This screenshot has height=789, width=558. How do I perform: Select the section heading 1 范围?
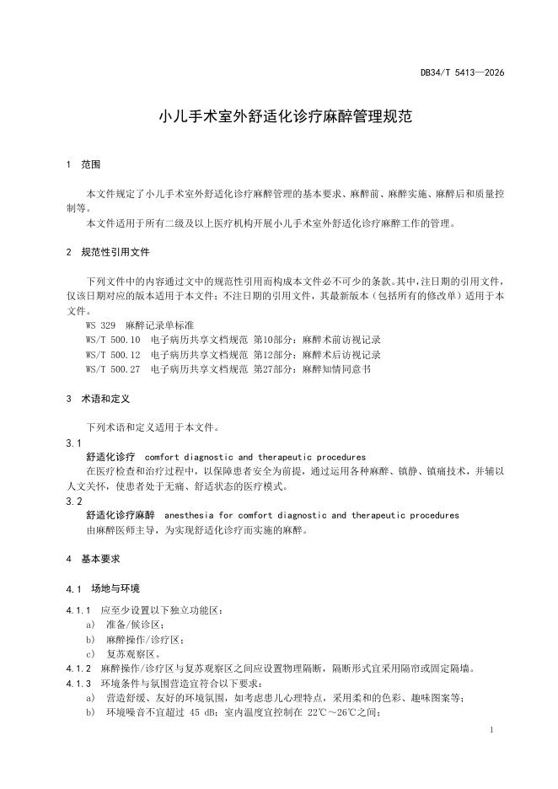pos(83,164)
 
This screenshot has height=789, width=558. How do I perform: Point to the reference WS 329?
pos(100,325)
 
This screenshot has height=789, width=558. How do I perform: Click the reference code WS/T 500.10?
pos(113,340)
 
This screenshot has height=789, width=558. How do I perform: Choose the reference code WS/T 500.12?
pos(113,355)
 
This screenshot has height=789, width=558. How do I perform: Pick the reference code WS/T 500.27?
pos(113,369)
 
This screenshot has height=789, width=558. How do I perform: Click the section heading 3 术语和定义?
pos(97,399)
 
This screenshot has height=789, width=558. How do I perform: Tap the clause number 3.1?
pos(73,443)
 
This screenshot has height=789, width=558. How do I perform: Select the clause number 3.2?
pos(73,501)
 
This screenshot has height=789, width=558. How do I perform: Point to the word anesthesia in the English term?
pos(189,515)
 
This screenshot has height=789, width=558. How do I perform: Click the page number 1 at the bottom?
pos(491,729)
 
